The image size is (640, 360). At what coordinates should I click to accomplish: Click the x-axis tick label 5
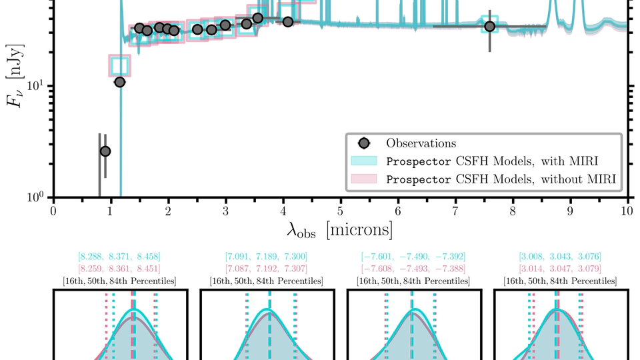(341, 211)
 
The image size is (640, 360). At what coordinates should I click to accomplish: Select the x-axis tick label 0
(53, 211)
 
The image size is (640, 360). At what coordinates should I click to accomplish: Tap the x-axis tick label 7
(455, 211)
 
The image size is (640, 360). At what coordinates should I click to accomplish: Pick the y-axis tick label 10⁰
(35, 197)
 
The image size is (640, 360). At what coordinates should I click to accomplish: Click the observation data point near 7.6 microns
(490, 27)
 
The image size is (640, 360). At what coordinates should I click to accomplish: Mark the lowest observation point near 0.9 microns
(105, 151)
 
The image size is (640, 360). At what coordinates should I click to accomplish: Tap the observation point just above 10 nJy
(119, 82)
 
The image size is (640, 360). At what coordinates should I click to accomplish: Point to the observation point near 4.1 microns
(288, 22)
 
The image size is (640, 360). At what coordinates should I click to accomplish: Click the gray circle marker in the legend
(364, 143)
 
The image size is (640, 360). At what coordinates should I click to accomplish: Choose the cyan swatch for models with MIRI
(364, 161)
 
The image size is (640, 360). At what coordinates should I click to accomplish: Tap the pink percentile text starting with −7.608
(413, 268)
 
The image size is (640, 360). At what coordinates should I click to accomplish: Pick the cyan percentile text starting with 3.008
(559, 257)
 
